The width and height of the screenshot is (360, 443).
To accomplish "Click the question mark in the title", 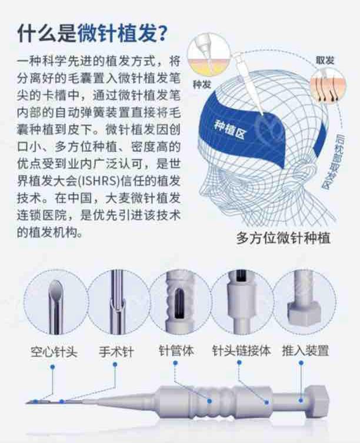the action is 162,34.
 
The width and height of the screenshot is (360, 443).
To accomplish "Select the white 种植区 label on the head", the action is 231,129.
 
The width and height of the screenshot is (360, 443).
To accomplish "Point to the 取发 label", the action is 325,60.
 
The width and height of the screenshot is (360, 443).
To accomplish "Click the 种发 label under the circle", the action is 202,84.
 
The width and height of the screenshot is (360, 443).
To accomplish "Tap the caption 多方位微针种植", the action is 283,238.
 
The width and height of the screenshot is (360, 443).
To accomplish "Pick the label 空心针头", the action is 54,352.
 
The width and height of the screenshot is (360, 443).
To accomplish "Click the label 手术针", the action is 116,352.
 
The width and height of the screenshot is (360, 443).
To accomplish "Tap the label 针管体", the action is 176,351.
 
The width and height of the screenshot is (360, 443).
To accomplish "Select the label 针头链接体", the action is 242,351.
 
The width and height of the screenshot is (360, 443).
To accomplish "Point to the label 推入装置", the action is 305,351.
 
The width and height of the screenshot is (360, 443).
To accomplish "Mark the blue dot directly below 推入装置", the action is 301,363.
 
